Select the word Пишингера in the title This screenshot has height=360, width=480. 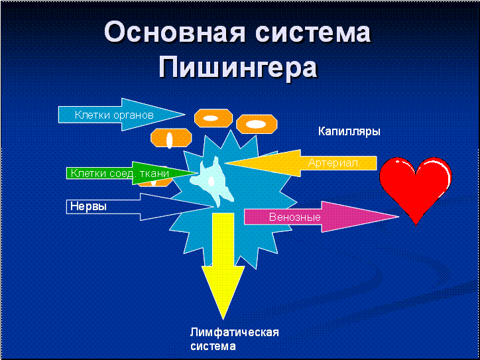239,67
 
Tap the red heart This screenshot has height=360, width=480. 416,186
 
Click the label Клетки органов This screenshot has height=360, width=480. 114,115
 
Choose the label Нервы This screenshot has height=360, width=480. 89,206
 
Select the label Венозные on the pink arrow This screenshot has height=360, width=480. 295,217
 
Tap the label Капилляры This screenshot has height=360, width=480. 349,131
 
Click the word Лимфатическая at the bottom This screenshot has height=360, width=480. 234,332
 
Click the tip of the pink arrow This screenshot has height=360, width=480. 398,216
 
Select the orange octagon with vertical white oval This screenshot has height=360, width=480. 170,139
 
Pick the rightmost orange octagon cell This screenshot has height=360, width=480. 256,123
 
